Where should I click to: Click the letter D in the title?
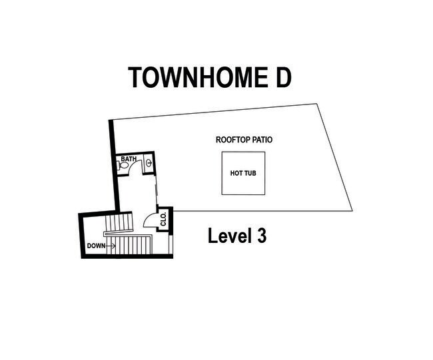[x=281, y=78]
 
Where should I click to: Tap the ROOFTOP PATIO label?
[x=244, y=140]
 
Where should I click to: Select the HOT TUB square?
[x=243, y=173]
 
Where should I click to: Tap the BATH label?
[x=129, y=159]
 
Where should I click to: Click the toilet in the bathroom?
[x=123, y=167]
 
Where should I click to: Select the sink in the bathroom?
[x=149, y=162]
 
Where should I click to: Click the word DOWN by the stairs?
[x=96, y=246]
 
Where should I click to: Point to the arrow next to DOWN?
[x=111, y=246]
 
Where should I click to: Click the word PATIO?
[x=261, y=140]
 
